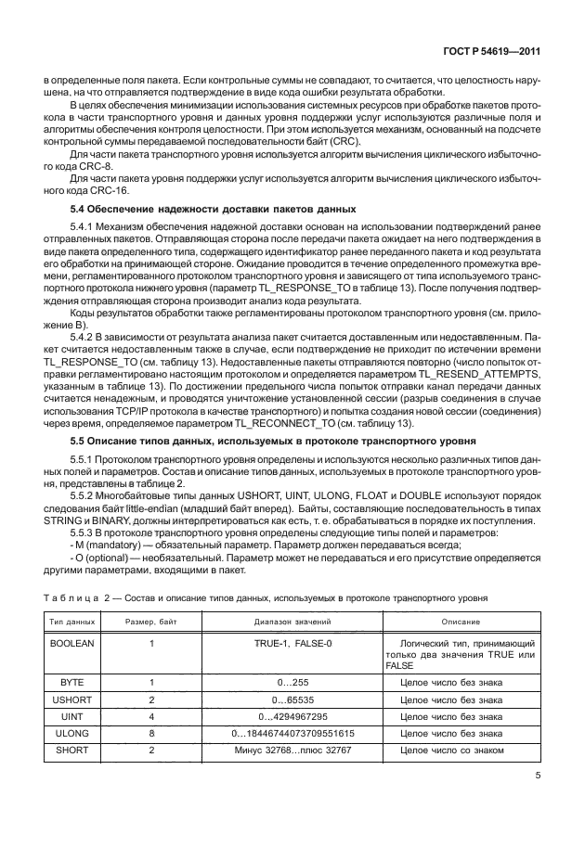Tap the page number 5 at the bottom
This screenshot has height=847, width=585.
coord(538,777)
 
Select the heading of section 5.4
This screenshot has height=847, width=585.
coord(214,209)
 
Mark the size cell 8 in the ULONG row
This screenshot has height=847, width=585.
coord(150,734)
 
